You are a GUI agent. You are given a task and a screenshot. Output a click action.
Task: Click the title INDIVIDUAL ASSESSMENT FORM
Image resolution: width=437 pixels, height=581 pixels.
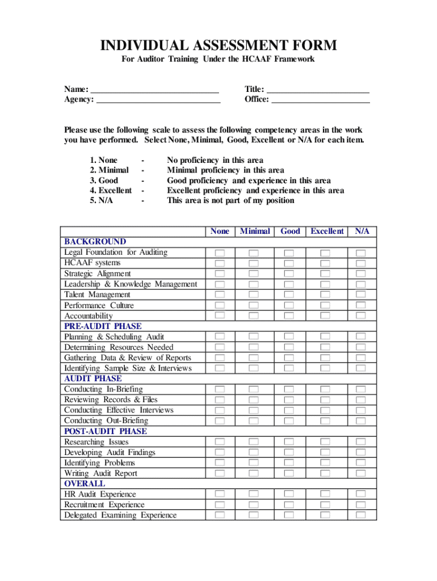(218, 45)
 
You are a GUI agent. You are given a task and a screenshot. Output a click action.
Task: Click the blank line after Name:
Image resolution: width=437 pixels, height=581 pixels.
(154, 90)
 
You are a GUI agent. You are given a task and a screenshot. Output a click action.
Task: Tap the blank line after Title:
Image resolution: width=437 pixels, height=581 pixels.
(318, 90)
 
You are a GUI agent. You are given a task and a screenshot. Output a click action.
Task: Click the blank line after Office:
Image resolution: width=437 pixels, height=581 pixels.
(321, 100)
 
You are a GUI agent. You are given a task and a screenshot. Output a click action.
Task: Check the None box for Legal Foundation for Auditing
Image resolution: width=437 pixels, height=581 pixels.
(220, 252)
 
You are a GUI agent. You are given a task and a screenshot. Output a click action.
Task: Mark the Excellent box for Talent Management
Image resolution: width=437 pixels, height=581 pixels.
(325, 294)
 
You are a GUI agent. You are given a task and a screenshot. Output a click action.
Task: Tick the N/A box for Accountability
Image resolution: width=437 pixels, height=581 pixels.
(361, 315)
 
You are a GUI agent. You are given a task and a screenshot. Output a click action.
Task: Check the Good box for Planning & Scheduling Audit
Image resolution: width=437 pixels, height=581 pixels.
(289, 336)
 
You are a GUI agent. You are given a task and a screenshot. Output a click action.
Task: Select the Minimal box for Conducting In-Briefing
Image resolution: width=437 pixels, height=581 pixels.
(254, 389)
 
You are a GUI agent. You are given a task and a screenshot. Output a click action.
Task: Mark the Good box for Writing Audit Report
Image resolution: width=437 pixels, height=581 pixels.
(289, 473)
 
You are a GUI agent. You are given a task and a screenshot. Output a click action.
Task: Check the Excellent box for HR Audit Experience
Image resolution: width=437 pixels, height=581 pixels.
(325, 494)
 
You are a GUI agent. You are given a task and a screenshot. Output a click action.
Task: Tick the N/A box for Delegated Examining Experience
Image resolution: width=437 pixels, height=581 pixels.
(361, 515)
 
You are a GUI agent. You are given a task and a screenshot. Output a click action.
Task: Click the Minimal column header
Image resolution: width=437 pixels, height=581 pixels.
(255, 231)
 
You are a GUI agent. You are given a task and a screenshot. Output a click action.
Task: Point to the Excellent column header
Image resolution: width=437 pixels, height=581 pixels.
(326, 231)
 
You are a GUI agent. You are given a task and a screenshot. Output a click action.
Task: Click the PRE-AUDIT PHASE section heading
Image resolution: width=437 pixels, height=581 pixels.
(103, 326)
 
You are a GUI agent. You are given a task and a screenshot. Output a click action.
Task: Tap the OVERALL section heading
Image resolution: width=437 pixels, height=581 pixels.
(85, 483)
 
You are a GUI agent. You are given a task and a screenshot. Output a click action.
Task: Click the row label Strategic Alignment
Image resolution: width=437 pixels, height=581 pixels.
(97, 273)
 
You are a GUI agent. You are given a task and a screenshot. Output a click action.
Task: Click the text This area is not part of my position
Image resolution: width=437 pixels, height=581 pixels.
(230, 200)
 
